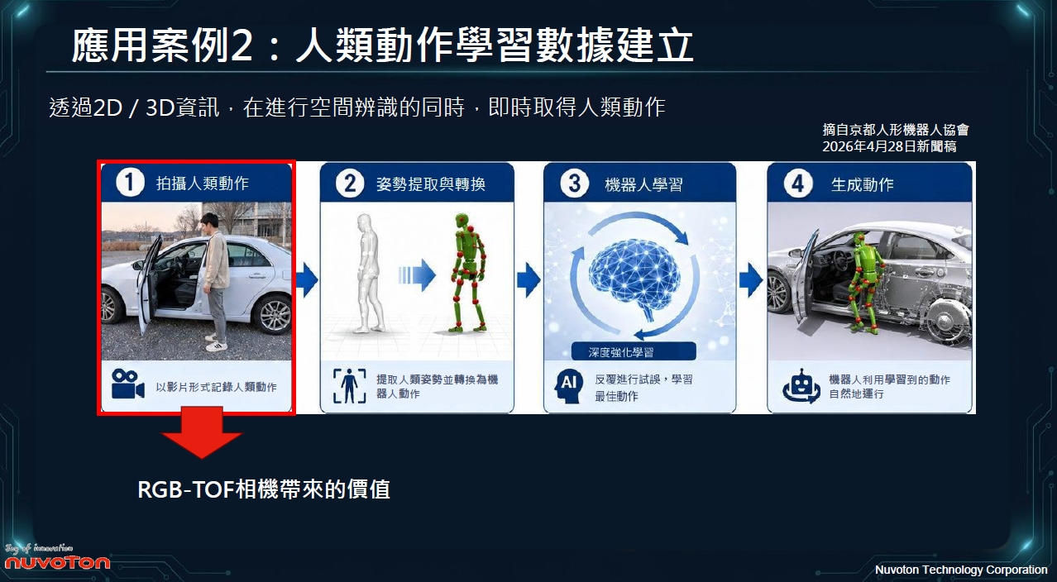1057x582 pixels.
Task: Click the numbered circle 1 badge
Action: coord(130,183)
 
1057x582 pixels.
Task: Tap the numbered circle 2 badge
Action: coord(350,184)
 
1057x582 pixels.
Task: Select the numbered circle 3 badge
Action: coord(574,184)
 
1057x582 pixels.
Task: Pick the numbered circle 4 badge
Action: coord(798,184)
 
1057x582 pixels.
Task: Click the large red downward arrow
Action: coord(202,432)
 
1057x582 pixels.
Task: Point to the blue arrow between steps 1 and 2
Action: coord(307,279)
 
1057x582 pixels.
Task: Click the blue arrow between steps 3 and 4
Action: coord(751,279)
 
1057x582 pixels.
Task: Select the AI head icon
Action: coord(568,386)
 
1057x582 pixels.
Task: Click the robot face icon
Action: coord(801,386)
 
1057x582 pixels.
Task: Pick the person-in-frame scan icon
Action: coord(349,386)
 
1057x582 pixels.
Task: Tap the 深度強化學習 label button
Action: coord(634,352)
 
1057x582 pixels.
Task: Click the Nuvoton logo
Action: coord(57,558)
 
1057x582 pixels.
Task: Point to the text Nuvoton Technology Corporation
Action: coord(961,570)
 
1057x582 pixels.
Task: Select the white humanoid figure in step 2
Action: coord(369,274)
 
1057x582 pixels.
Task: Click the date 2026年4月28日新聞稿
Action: coord(889,146)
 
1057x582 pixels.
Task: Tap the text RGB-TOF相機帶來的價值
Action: coord(264,489)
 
